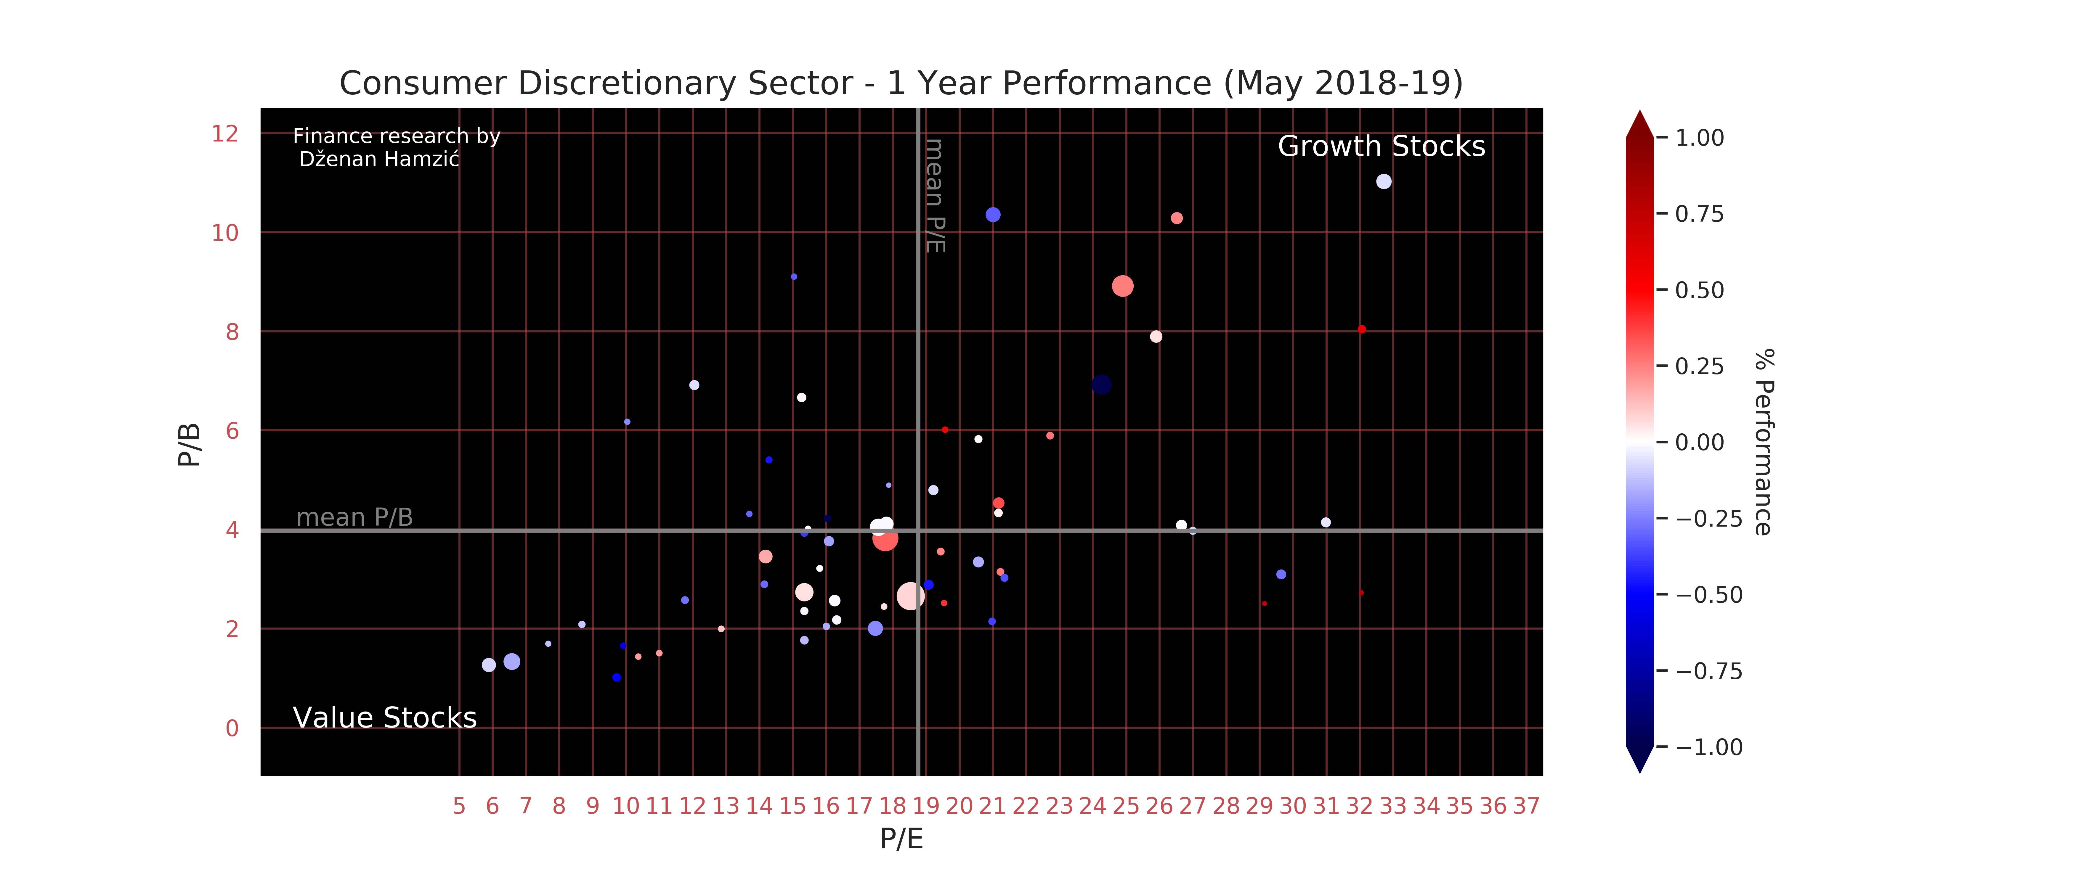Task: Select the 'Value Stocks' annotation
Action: pos(385,718)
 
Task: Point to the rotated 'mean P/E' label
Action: pos(934,195)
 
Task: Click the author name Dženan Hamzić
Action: pos(379,159)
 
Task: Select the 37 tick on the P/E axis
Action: pos(1526,806)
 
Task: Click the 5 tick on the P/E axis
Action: pos(459,806)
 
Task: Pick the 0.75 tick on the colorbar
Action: pos(1699,214)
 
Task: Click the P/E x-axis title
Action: pos(901,839)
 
